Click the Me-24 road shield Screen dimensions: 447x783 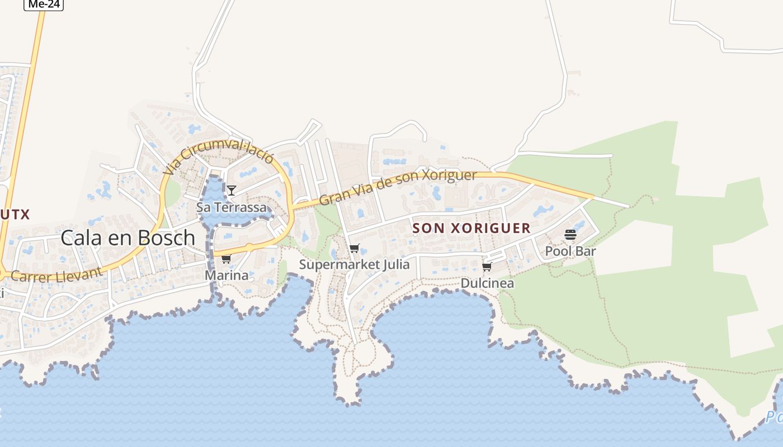(x=44, y=4)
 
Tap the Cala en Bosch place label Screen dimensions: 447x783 (x=128, y=237)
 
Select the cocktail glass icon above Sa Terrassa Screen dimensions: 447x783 (x=231, y=190)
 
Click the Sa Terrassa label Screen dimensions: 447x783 (x=231, y=207)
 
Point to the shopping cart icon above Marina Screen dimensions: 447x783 (x=226, y=259)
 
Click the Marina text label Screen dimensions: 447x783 (x=226, y=275)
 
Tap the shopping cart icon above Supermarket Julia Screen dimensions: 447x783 (x=354, y=249)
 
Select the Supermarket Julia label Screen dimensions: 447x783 (x=354, y=264)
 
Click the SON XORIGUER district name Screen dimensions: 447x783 (x=471, y=228)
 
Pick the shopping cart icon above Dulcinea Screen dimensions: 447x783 (x=487, y=267)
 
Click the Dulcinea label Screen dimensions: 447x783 (x=487, y=283)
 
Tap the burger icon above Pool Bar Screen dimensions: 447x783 (x=570, y=235)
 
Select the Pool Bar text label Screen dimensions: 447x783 (x=570, y=251)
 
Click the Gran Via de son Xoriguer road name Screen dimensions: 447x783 (x=398, y=187)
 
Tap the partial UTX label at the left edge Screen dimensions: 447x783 (x=15, y=214)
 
